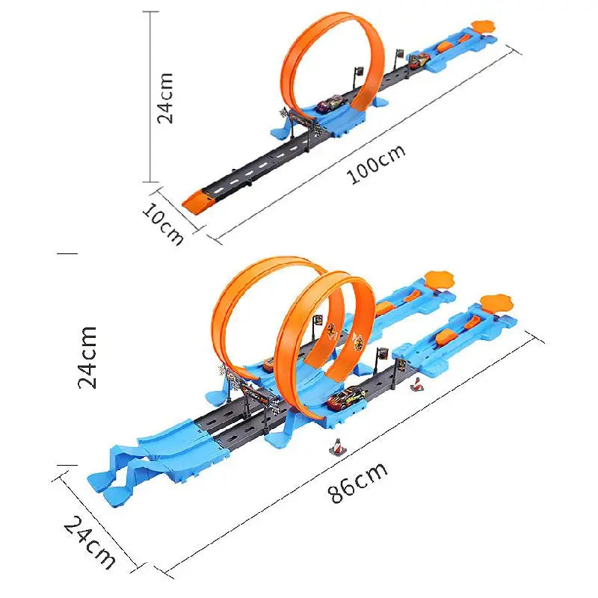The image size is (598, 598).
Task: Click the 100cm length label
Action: pyautogui.click(x=376, y=163)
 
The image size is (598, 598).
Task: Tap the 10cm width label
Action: pyautogui.click(x=163, y=223)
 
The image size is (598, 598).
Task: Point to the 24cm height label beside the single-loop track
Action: pyautogui.click(x=165, y=97)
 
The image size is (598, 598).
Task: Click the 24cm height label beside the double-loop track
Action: pyautogui.click(x=88, y=357)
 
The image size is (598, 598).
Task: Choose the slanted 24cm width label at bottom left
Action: pyautogui.click(x=90, y=543)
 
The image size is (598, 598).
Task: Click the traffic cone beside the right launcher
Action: pyautogui.click(x=416, y=384)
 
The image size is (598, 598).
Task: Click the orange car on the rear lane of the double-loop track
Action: pyautogui.click(x=267, y=364)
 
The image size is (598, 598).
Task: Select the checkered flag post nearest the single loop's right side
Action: pyautogui.click(x=357, y=75)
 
